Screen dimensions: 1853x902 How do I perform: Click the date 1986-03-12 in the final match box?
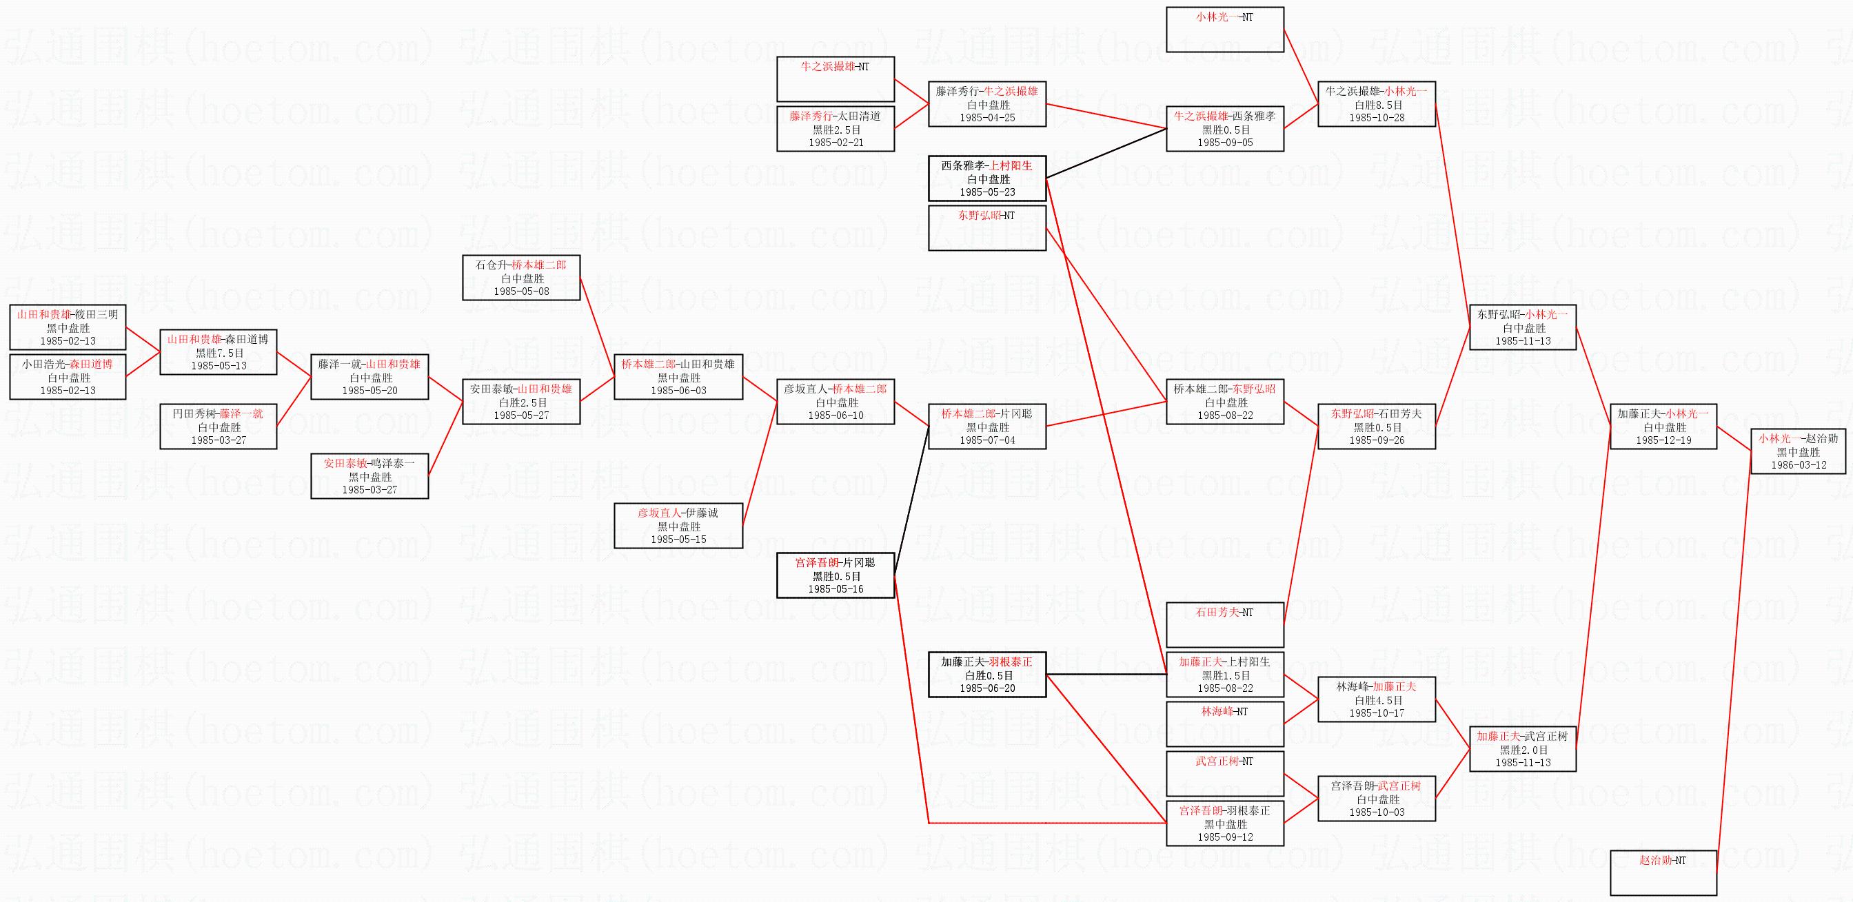pyautogui.click(x=1799, y=465)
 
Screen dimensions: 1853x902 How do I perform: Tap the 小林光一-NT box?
pyautogui.click(x=1224, y=30)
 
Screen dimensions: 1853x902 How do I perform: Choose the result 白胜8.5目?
pyautogui.click(x=1376, y=105)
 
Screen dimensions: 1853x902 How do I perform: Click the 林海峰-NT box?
pyautogui.click(x=1224, y=724)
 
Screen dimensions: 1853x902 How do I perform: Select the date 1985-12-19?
pyautogui.click(x=1663, y=440)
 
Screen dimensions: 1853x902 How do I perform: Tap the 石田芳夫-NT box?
pyautogui.click(x=1224, y=624)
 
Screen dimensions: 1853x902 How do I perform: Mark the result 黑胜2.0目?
pyautogui.click(x=1523, y=750)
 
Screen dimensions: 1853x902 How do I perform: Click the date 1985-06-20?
pyautogui.click(x=987, y=688)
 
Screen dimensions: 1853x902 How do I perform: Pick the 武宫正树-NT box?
pyautogui.click(x=1224, y=773)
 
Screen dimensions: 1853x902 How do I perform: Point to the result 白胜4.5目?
pyautogui.click(x=1376, y=700)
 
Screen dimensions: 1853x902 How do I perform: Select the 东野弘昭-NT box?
pyautogui.click(x=987, y=227)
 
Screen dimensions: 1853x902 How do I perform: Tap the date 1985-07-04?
pyautogui.click(x=987, y=440)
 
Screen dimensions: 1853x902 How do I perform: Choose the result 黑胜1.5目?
pyautogui.click(x=1224, y=675)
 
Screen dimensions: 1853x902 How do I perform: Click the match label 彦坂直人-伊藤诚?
pyautogui.click(x=678, y=513)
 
